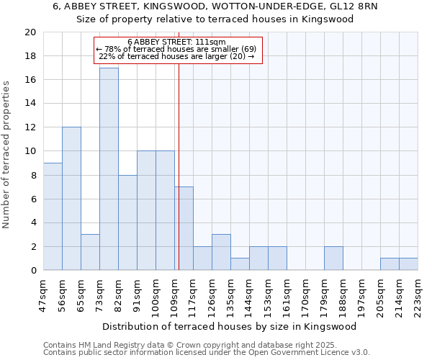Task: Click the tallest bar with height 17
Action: tap(109, 169)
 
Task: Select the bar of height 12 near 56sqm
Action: tap(71, 199)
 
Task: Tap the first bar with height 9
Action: tap(53, 216)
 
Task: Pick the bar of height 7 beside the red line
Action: tap(184, 228)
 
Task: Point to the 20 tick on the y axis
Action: tap(30, 32)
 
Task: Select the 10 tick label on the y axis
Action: tap(30, 151)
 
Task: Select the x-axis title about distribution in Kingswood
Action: tap(229, 326)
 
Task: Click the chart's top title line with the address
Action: tap(215, 6)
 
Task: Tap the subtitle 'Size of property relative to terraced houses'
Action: tap(215, 19)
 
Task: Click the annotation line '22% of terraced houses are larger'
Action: tap(176, 56)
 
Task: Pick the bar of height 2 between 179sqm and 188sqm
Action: tap(333, 258)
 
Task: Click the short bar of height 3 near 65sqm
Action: tap(90, 252)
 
